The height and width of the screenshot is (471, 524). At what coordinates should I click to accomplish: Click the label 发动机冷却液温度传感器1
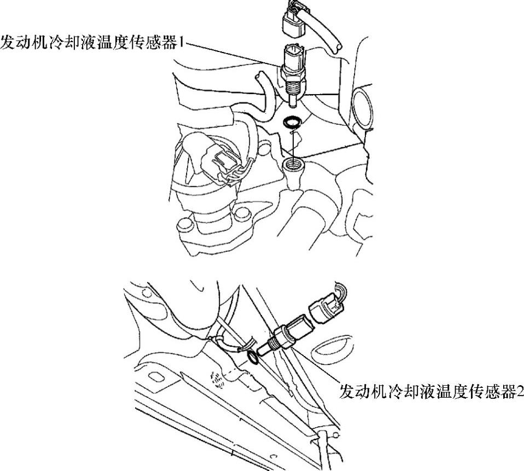click(x=92, y=43)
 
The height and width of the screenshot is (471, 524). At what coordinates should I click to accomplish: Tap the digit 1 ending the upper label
click(x=181, y=43)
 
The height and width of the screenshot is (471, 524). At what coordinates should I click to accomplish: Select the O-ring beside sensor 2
click(x=253, y=358)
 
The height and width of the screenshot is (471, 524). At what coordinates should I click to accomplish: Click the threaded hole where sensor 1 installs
click(x=293, y=164)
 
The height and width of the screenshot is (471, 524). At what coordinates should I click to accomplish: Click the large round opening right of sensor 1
click(x=363, y=108)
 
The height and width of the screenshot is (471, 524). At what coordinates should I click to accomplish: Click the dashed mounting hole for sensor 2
click(x=217, y=380)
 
